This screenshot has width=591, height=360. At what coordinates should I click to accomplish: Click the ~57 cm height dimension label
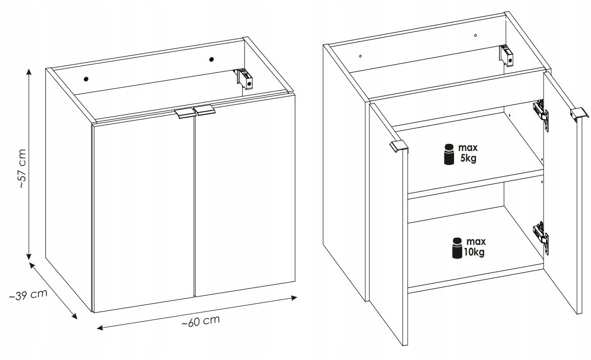22,169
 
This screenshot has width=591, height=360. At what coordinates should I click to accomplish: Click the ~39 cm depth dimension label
28,295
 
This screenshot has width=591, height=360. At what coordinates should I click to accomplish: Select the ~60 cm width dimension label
201,321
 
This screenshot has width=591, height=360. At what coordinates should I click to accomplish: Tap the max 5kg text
468,152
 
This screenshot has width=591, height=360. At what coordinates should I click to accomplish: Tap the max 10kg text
474,247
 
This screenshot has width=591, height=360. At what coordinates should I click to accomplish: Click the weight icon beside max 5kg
449,154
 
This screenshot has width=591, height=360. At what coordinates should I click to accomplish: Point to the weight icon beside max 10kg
457,248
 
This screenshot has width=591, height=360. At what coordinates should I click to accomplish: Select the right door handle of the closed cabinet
204,111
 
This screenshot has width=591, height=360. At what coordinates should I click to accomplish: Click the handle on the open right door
579,114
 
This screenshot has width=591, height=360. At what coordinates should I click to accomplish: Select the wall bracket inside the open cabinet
507,55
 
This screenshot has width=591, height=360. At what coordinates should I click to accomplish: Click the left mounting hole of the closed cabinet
86,79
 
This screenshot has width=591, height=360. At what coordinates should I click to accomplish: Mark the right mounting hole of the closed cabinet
212,59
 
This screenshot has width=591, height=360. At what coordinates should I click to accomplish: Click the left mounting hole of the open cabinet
361,56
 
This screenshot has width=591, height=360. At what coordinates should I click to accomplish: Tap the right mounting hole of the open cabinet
475,35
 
